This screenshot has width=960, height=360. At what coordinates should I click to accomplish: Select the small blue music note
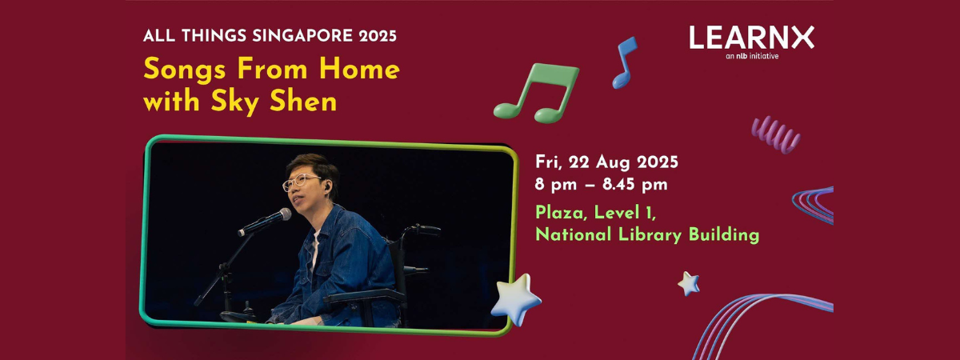point(625,62)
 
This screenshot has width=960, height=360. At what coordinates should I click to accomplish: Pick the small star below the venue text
point(689,284)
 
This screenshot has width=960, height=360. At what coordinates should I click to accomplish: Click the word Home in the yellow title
point(359,70)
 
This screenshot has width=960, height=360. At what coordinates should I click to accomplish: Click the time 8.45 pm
point(635,185)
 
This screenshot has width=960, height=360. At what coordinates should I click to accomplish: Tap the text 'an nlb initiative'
point(752,56)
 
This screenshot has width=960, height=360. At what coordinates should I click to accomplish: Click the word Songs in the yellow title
point(185,70)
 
